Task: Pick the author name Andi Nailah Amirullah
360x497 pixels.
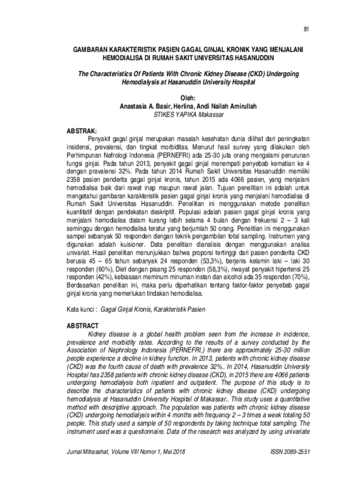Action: click(227, 106)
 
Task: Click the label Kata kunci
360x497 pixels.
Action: click(80, 310)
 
